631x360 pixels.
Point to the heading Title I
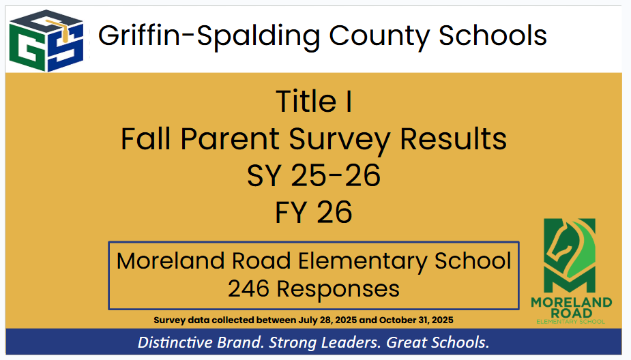click(314, 102)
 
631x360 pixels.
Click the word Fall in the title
click(147, 139)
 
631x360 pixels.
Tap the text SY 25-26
click(314, 176)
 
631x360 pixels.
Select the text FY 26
click(314, 213)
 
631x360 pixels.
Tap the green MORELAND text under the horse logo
click(572, 302)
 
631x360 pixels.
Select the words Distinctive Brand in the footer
click(201, 342)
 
